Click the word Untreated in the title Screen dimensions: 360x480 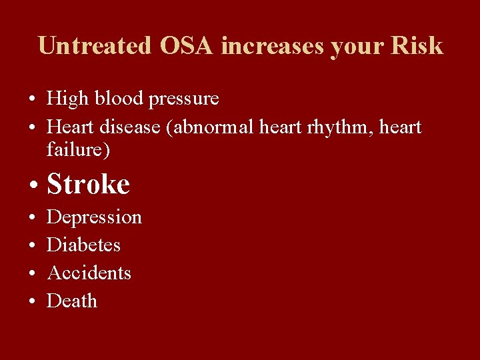(95, 46)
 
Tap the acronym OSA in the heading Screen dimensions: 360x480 (187, 46)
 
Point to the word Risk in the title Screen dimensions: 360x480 (417, 46)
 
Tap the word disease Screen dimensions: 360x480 (133, 127)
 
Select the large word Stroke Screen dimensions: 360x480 (88, 185)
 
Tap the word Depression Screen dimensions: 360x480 (94, 218)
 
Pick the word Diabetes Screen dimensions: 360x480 (83, 245)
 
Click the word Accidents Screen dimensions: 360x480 (89, 273)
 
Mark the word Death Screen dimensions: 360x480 (72, 301)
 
